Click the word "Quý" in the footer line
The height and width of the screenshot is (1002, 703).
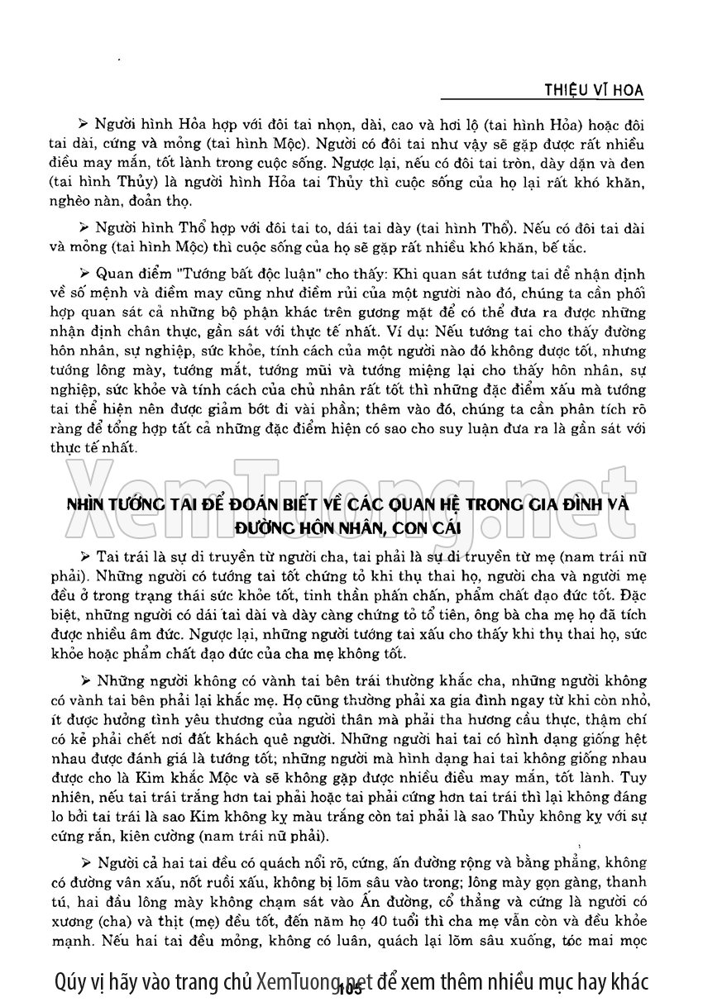coord(74,981)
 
